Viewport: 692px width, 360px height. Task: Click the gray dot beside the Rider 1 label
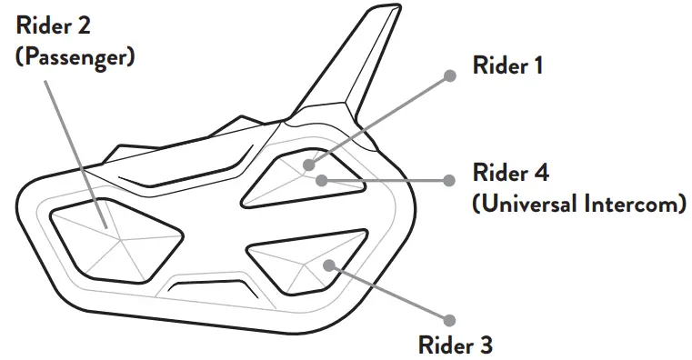448,76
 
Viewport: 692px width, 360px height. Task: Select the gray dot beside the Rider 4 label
448,180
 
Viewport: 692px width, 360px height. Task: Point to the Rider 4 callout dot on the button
321,179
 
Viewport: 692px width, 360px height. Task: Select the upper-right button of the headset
305,177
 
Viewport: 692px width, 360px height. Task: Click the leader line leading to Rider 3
391,292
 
